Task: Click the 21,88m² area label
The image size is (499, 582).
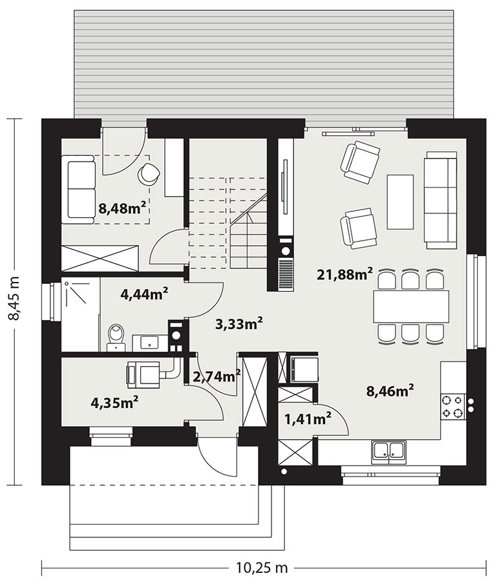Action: point(345,274)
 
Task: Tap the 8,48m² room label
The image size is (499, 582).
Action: point(122,208)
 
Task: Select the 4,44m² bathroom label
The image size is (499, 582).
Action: point(144,294)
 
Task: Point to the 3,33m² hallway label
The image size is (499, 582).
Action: point(239,324)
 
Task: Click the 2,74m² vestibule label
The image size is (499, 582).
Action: point(217,377)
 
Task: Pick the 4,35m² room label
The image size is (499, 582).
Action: point(114,403)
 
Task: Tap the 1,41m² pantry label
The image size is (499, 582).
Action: point(308,420)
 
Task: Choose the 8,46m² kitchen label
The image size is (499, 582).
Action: point(390,391)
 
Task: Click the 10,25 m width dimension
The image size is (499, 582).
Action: point(262,568)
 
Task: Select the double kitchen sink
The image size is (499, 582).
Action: point(388,452)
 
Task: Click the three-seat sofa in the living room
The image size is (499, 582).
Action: point(441,200)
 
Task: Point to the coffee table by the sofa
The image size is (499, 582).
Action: point(400,202)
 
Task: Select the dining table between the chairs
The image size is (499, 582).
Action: point(411,307)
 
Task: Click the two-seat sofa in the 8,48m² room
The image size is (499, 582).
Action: point(78,189)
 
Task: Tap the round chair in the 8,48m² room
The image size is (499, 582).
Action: point(149,173)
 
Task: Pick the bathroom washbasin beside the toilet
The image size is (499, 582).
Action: point(150,342)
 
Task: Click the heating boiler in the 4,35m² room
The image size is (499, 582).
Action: point(143,375)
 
